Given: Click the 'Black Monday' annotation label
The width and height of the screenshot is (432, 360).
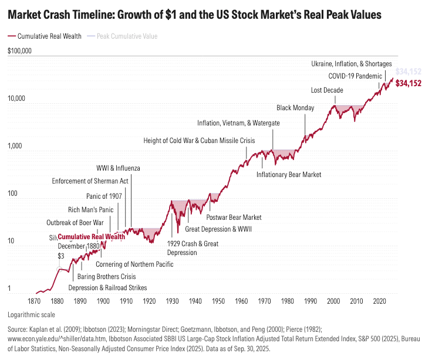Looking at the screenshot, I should point(295,108).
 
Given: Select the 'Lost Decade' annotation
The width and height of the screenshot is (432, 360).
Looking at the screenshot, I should point(327,90).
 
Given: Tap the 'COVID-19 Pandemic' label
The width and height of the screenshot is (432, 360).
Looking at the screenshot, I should point(355,76).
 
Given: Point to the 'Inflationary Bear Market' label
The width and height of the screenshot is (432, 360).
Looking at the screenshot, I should point(289,175).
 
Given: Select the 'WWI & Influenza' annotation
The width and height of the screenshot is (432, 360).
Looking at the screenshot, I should point(118,168).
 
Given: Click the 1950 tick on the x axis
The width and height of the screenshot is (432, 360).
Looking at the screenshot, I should point(218,301).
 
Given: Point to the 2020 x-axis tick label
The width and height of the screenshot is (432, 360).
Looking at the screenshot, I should point(379,301).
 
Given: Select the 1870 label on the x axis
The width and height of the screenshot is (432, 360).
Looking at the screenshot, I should point(34,301).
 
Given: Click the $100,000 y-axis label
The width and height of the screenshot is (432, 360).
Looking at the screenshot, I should point(19,51).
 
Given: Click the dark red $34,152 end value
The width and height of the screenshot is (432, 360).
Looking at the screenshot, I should point(409,84).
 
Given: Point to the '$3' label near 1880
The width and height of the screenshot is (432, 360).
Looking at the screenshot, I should point(60,256).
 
